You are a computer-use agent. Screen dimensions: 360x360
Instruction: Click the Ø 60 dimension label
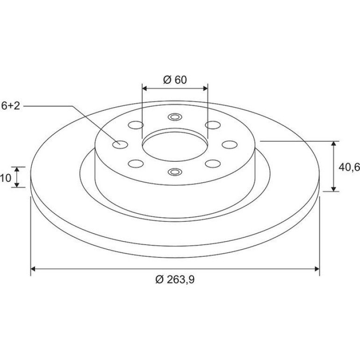pyautogui.click(x=175, y=80)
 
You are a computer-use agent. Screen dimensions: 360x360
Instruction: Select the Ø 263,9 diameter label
pyautogui.click(x=175, y=280)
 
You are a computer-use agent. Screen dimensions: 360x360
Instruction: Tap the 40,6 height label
pyautogui.click(x=349, y=167)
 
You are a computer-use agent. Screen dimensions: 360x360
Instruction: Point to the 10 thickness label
pyautogui.click(x=6, y=178)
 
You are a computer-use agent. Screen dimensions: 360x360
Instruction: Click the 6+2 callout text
pyautogui.click(x=11, y=106)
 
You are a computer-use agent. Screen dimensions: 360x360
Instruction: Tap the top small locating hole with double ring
pyautogui.click(x=175, y=117)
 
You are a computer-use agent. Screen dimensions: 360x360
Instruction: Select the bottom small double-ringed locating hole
pyautogui.click(x=175, y=172)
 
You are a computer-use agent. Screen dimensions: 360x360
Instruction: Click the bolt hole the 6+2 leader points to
pyautogui.click(x=120, y=144)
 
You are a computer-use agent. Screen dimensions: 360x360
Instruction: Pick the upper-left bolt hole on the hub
pyautogui.click(x=136, y=125)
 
